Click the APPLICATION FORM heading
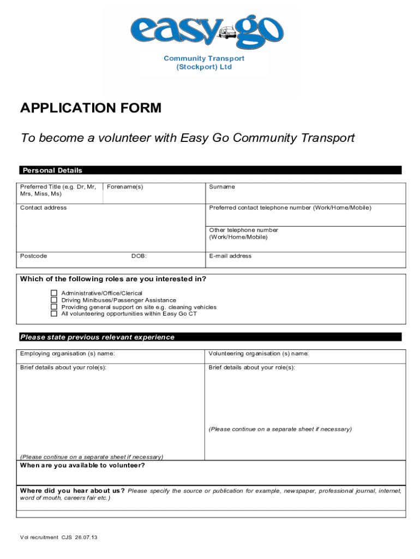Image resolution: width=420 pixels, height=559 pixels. pos(91,108)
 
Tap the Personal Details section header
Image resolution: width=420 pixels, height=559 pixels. pos(51,170)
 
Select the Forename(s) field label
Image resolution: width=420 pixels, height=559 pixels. pos(125,187)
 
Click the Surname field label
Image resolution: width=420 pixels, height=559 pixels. pos(222,187)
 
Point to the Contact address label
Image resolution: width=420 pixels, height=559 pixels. pos(44,207)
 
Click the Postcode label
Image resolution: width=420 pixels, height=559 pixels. pos(34,256)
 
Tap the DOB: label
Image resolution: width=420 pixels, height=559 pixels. pos(139,256)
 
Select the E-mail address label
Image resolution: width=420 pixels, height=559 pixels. pos(230,256)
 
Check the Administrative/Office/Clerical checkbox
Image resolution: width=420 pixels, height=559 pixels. pos(54,293)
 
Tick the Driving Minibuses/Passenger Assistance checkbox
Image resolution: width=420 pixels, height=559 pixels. pos(54,300)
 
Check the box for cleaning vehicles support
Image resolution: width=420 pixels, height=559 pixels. pos(54,307)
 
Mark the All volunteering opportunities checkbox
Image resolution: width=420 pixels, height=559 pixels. pos(54,314)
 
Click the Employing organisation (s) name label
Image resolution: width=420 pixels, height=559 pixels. pos(68,354)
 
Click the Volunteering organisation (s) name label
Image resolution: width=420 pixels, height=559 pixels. pos(259,354)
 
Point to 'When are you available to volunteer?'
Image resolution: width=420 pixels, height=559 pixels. pos(82,466)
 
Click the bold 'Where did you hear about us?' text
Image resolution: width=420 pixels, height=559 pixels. pos(73,491)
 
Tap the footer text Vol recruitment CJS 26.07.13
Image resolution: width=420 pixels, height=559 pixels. pos(59,538)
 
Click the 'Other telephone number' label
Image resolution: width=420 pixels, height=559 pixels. pos(243,230)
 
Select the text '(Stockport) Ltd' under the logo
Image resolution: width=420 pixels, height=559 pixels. pos(204,67)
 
